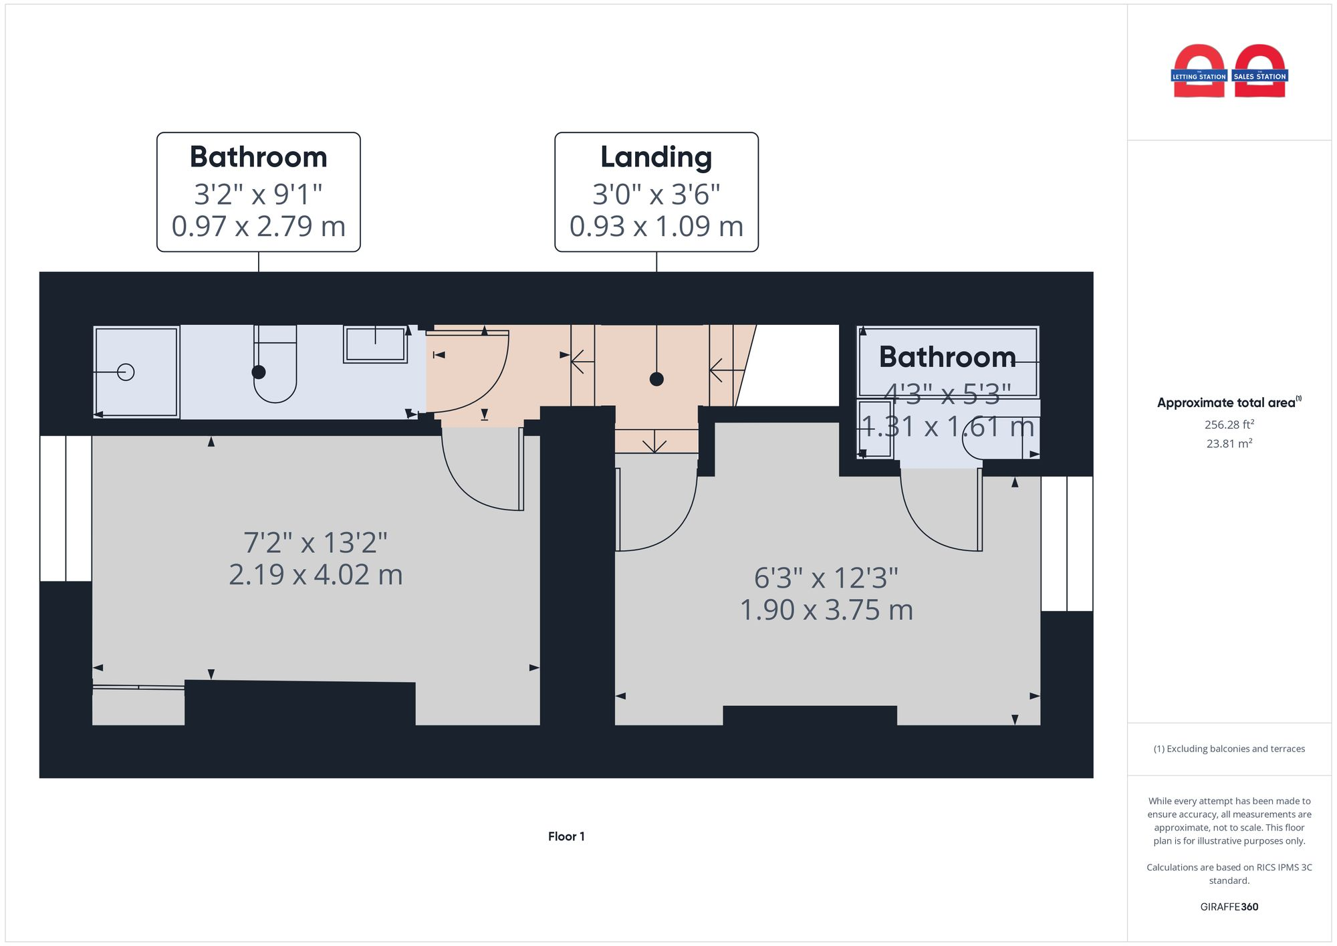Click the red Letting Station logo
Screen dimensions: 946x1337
click(1199, 72)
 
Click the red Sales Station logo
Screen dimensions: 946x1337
click(1259, 72)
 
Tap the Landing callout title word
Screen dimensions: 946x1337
click(656, 157)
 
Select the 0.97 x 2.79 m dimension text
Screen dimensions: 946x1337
click(258, 226)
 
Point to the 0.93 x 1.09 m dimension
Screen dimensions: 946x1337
click(656, 226)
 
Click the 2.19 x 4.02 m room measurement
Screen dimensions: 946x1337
click(316, 574)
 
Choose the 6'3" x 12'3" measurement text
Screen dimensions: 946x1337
click(826, 578)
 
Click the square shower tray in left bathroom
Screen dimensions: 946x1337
click(136, 372)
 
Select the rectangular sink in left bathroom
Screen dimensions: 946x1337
click(375, 344)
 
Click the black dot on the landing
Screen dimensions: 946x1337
click(656, 379)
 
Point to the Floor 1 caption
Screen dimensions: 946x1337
click(566, 836)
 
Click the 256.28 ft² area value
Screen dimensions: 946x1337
click(1229, 425)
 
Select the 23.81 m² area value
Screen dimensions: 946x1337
click(1229, 443)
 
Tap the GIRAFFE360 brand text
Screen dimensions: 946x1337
click(1229, 907)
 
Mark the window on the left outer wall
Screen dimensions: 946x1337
click(66, 508)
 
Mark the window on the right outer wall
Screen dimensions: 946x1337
click(1067, 544)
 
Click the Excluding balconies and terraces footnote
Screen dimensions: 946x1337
click(1229, 749)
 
